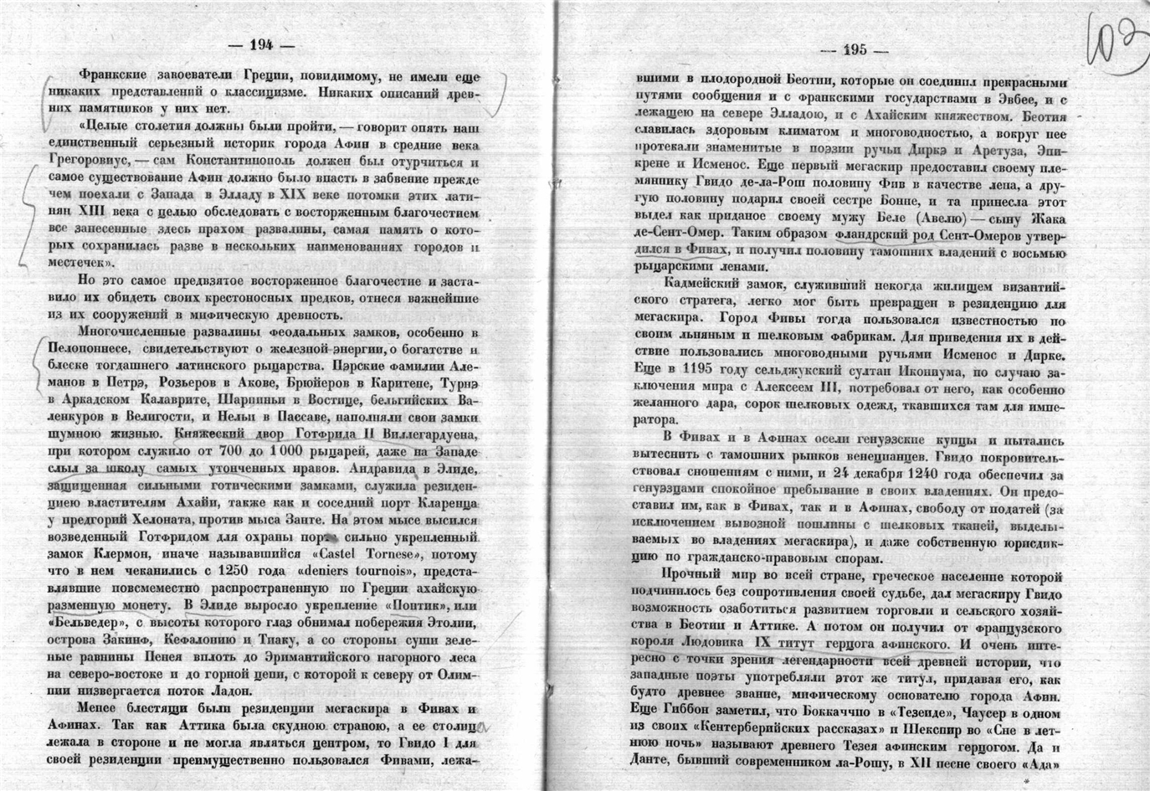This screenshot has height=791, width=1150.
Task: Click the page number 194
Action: [262, 44]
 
